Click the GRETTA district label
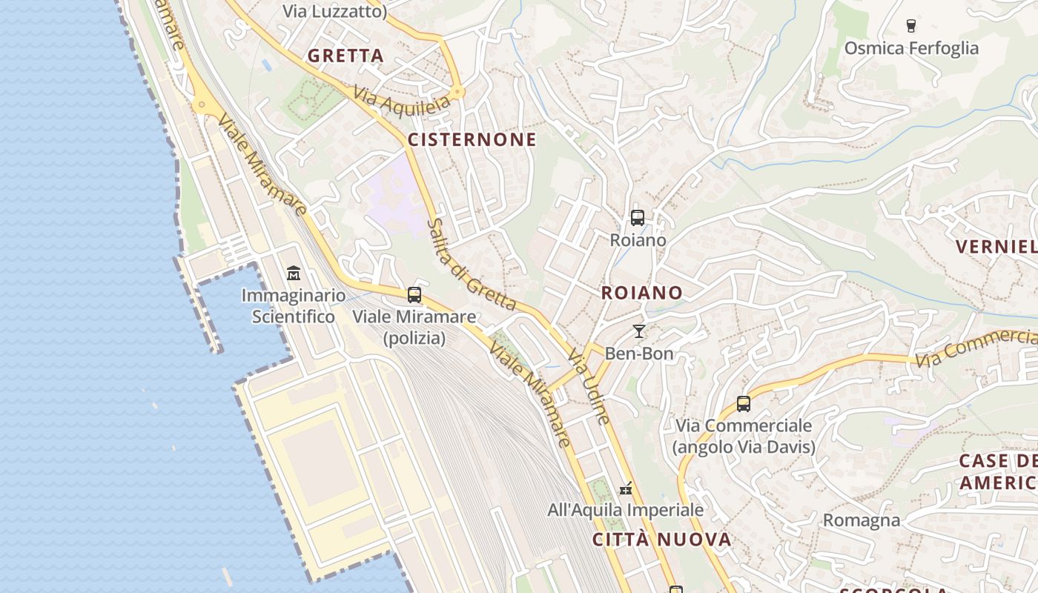tap(346, 56)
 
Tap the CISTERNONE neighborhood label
tap(472, 140)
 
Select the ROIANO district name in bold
tap(641, 293)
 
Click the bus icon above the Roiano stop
tap(637, 218)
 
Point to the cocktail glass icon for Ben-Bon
tap(638, 331)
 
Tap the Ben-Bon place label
tap(639, 354)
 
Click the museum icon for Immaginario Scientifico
tap(293, 273)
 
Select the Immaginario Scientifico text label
tap(293, 306)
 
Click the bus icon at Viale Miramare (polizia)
tap(414, 295)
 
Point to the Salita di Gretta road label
tap(472, 265)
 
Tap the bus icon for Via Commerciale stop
tap(743, 404)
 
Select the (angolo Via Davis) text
tap(744, 447)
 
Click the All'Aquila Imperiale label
tap(625, 510)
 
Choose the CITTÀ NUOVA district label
tap(662, 540)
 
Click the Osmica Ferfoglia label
tap(911, 48)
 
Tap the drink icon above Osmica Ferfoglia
tap(911, 26)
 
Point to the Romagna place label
tap(861, 520)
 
